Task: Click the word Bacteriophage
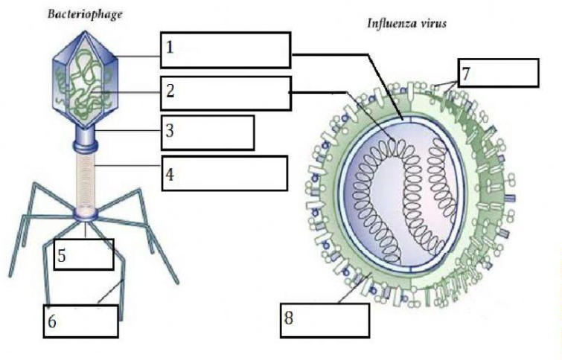pyautogui.click(x=85, y=15)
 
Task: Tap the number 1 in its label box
pyautogui.click(x=170, y=47)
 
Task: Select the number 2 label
pyautogui.click(x=170, y=90)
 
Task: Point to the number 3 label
pyautogui.click(x=170, y=131)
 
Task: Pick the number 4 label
pyautogui.click(x=170, y=175)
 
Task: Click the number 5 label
pyautogui.click(x=62, y=256)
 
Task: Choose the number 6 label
pyautogui.click(x=52, y=321)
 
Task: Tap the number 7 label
pyautogui.click(x=466, y=74)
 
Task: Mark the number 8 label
pyautogui.click(x=289, y=318)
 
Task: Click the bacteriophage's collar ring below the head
pyautogui.click(x=86, y=146)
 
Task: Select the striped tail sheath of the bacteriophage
pyautogui.click(x=86, y=181)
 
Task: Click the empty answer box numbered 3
pyautogui.click(x=208, y=132)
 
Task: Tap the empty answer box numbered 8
pyautogui.click(x=325, y=321)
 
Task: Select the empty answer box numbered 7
pyautogui.click(x=498, y=73)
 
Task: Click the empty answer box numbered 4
pyautogui.click(x=224, y=173)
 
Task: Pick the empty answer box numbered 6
pyautogui.click(x=81, y=321)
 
